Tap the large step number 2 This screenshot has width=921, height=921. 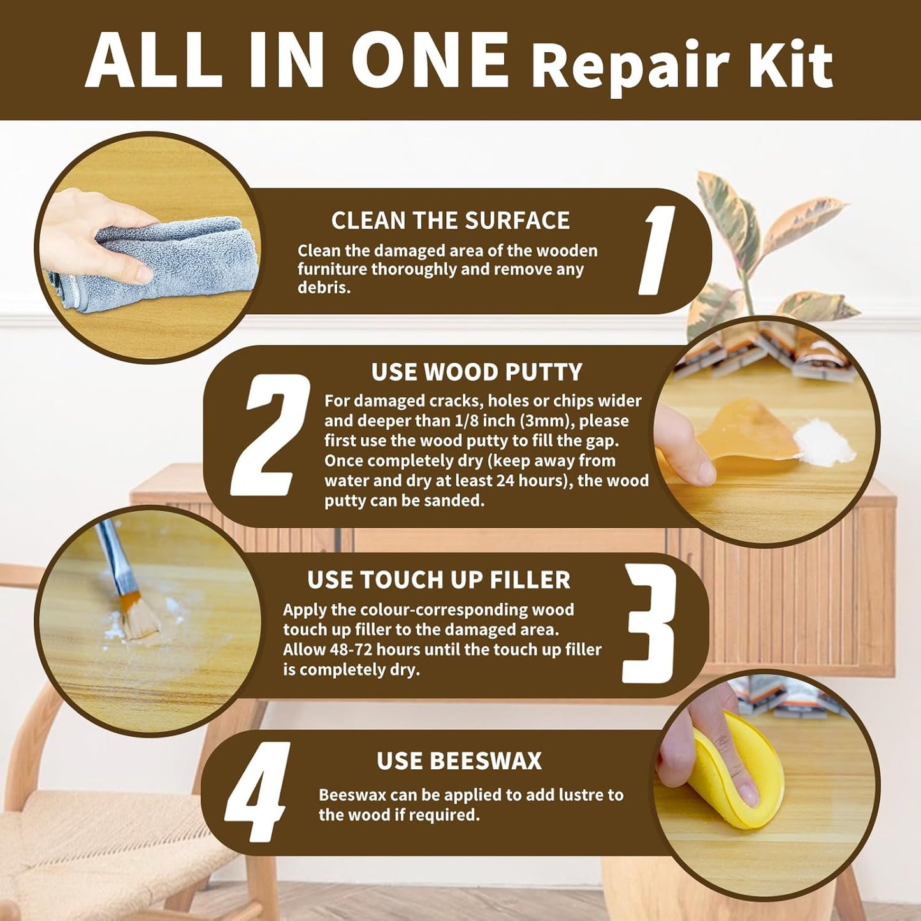[x=270, y=435]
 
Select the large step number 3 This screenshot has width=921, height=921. [x=649, y=623]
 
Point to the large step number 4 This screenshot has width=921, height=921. [x=257, y=792]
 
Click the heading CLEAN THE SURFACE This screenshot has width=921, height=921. [x=450, y=221]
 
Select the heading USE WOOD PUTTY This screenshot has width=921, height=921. [x=477, y=372]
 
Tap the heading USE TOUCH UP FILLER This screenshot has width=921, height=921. [x=439, y=580]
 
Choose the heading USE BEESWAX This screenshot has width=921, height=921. [x=459, y=760]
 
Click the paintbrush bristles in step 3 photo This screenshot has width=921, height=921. [x=139, y=616]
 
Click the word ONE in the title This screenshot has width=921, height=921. [x=429, y=60]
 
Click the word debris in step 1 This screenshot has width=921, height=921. [x=323, y=287]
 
